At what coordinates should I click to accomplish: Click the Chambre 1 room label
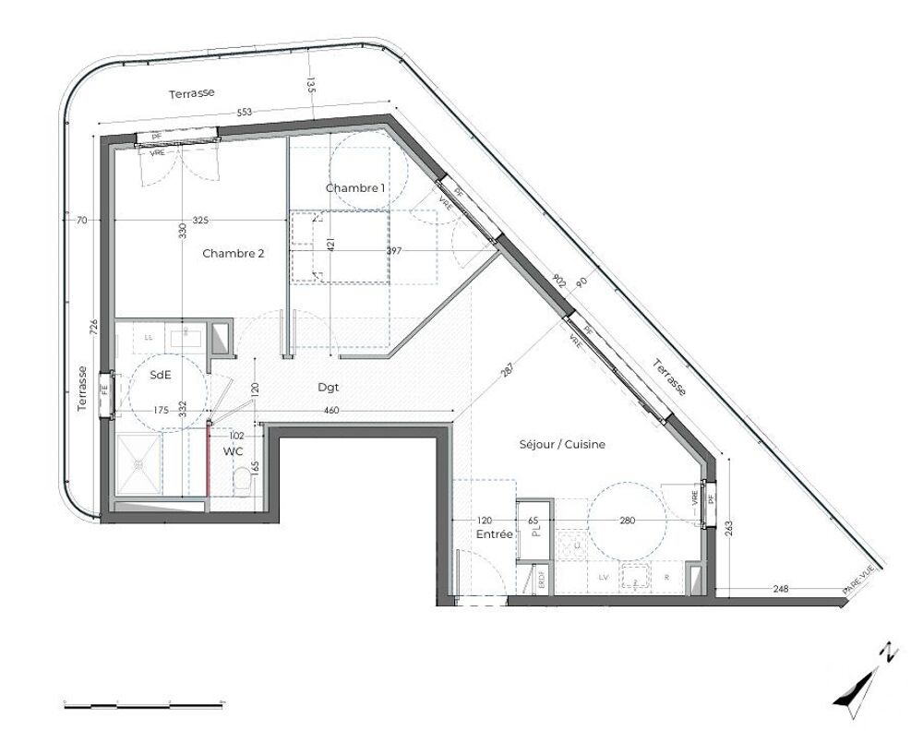coord(355,188)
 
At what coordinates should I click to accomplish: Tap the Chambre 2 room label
coord(234,253)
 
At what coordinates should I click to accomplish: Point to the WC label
coord(232,450)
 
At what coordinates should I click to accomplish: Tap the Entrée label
coord(494,534)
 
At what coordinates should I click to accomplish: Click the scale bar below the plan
coord(144,705)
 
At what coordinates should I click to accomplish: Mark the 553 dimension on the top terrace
coord(244,113)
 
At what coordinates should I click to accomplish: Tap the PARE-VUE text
coord(857,579)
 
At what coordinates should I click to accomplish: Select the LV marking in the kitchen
coord(604,577)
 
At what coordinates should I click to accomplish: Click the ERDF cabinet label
coord(542,579)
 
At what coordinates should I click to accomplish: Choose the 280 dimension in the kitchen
coord(627,521)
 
